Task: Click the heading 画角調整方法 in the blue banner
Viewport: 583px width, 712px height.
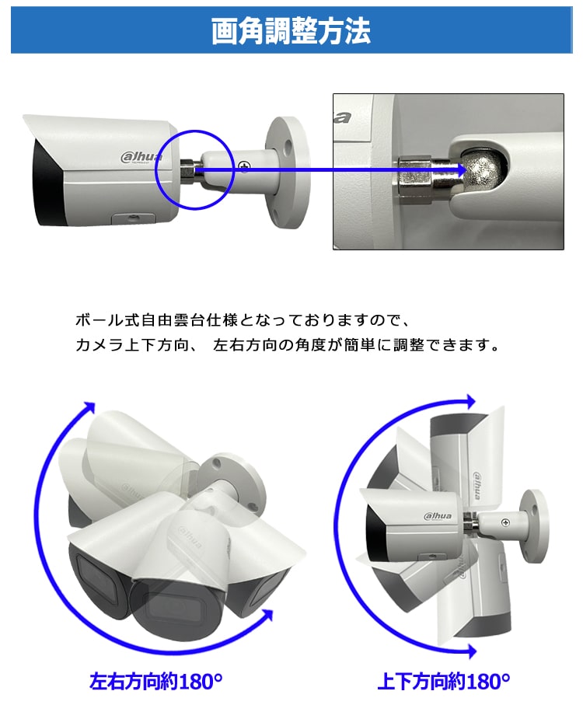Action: (x=291, y=31)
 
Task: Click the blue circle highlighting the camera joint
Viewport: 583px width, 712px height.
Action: (x=194, y=169)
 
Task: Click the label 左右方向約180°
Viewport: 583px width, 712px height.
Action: (x=156, y=682)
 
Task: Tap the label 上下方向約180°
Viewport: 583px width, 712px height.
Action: (x=444, y=682)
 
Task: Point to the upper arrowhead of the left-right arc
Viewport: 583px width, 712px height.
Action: (x=90, y=408)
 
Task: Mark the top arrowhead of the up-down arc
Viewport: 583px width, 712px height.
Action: (x=469, y=401)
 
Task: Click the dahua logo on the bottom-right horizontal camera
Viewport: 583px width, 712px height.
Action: (x=438, y=516)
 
